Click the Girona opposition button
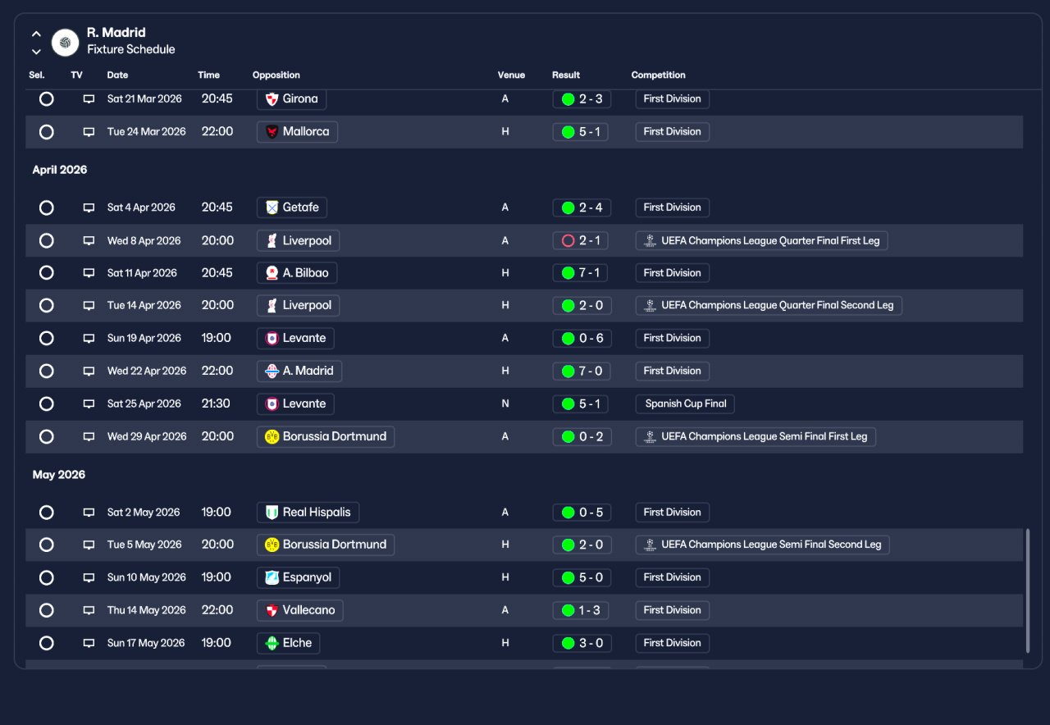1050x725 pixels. coord(291,99)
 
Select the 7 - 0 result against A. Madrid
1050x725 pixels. coord(582,372)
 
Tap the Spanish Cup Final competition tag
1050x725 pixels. coord(685,404)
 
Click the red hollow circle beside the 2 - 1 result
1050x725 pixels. coord(568,241)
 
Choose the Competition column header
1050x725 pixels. coord(658,75)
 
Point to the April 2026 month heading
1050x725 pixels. coord(60,170)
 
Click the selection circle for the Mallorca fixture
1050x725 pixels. coord(47,132)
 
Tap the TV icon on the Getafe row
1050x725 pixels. coord(89,207)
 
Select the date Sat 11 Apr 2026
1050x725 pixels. coord(142,273)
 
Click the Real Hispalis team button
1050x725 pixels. coord(308,513)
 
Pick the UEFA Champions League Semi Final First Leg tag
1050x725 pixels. coord(756,437)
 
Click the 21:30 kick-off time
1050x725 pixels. coord(216,404)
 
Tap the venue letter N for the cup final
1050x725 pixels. coord(504,404)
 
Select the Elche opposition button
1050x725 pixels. coord(288,643)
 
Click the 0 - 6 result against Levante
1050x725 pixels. coord(582,339)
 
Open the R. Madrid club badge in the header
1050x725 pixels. coord(65,43)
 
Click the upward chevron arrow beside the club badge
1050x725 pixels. coord(36,34)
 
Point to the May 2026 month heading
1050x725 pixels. coord(58,475)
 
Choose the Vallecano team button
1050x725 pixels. coord(300,610)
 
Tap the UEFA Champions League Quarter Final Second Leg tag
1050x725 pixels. coord(769,306)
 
